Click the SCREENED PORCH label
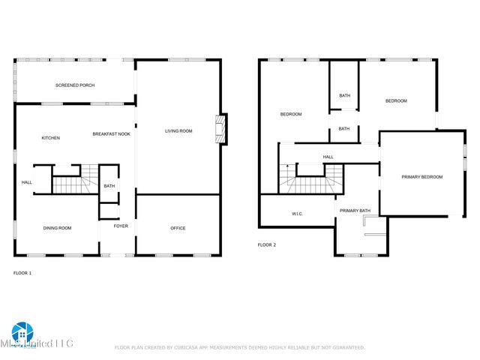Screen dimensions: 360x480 [75, 85]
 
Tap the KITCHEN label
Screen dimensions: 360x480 [51, 138]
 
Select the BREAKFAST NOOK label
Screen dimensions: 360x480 [112, 133]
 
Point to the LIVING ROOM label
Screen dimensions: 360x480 [178, 131]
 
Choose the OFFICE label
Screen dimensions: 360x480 [178, 228]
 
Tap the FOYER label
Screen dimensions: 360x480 [121, 226]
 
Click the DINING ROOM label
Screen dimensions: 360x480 [57, 228]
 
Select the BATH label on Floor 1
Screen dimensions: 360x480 [109, 186]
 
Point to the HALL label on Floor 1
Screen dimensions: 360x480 [26, 182]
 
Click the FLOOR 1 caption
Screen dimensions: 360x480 [22, 273]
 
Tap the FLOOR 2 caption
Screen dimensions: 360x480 [267, 245]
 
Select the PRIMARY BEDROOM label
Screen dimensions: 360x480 [422, 177]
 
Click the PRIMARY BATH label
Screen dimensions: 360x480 [355, 211]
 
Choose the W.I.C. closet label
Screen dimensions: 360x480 [297, 214]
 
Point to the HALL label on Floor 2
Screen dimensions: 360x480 [328, 157]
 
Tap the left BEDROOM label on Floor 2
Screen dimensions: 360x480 [291, 114]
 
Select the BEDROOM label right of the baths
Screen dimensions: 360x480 [396, 101]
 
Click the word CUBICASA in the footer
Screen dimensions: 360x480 [187, 347]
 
